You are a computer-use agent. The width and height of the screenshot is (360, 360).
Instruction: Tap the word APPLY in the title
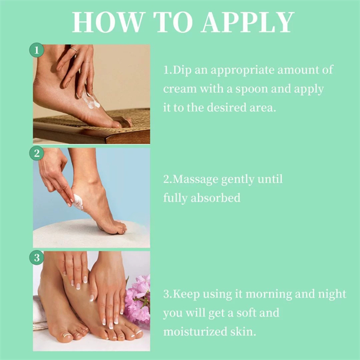[x=247, y=22]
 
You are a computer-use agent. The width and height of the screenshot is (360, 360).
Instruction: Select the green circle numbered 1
[x=37, y=50]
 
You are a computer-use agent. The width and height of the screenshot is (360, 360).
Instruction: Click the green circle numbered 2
[x=37, y=153]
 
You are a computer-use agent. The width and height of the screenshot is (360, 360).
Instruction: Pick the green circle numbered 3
[x=37, y=258]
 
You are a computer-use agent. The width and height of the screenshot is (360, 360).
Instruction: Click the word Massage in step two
[x=195, y=180]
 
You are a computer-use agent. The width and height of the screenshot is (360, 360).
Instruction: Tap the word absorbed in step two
[x=215, y=197]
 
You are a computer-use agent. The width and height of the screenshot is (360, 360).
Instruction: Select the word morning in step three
[x=269, y=295]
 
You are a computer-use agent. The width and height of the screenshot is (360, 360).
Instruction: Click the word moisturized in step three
[x=195, y=331]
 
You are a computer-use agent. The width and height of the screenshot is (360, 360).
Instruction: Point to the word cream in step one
[x=180, y=89]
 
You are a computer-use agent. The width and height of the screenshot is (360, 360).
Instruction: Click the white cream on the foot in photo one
[x=91, y=101]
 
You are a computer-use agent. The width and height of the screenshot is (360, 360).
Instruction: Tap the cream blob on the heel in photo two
[x=78, y=202]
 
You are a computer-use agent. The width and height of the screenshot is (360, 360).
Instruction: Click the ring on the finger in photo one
[x=74, y=49]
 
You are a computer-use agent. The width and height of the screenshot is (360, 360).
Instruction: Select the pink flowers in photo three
[x=137, y=299]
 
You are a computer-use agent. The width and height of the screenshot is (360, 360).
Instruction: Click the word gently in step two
[x=237, y=180]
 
